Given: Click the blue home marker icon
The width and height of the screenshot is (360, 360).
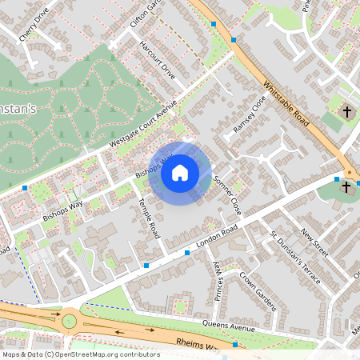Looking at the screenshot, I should coord(180,173).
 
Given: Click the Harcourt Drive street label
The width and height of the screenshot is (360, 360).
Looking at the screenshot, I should coord(157,61).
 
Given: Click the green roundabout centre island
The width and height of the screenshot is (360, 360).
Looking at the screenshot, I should coord(71,322).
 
